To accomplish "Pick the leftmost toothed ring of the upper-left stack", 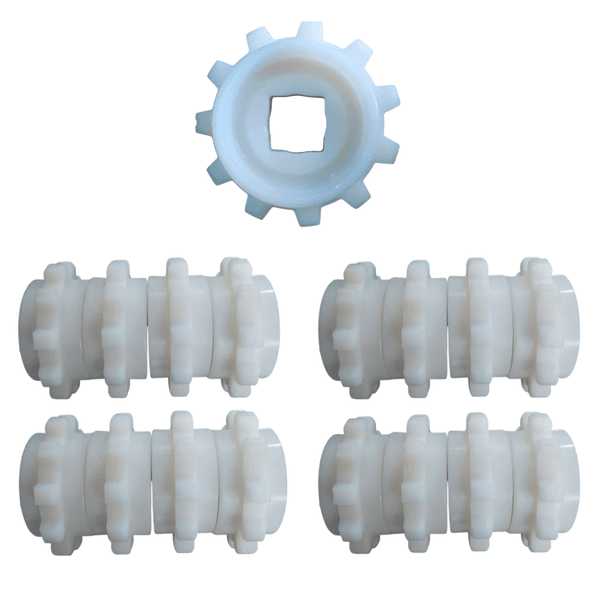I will pyautogui.click(x=59, y=325).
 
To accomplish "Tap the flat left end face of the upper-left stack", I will pyautogui.click(x=30, y=325).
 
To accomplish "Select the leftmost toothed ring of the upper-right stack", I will pyautogui.click(x=357, y=325).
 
